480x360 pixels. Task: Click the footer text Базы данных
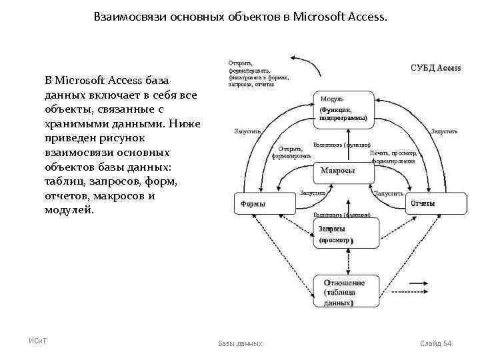coord(240,343)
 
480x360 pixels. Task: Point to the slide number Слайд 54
coord(436,343)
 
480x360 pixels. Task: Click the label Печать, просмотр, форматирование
coord(394,157)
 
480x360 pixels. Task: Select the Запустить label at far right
coord(445,131)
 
